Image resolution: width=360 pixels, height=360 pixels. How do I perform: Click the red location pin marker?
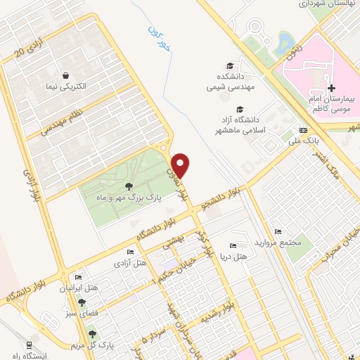tap(181, 165)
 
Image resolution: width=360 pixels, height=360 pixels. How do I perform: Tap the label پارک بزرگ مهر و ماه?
tap(129, 199)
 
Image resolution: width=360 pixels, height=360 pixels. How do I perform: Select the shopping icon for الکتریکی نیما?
tap(65, 75)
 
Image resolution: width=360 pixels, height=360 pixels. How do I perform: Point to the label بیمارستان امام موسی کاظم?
tap(331, 106)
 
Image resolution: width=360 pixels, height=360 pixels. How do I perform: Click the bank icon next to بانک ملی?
tap(303, 130)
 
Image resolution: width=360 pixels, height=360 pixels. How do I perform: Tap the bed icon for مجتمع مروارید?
tap(278, 232)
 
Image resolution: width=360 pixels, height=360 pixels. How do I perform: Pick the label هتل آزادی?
tap(130, 263)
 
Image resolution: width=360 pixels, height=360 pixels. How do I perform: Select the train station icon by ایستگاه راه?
tap(29, 345)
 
